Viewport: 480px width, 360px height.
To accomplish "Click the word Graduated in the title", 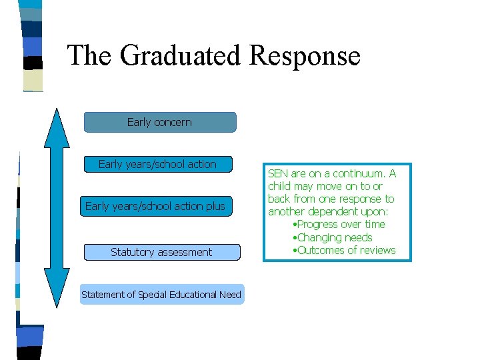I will pos(179,55).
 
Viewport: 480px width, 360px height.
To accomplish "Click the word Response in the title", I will pos(305,55).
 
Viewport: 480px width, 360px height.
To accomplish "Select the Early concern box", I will pos(159,122).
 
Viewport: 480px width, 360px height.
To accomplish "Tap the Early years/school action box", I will pos(157,164).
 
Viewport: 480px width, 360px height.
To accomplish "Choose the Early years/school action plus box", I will pos(155,206).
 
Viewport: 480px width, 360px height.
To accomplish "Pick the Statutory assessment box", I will pos(161,252).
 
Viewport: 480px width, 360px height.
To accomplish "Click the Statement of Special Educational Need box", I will pos(161,294).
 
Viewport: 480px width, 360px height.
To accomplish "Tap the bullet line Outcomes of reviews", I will pos(344,250).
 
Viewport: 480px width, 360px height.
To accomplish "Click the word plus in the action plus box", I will pos(215,206).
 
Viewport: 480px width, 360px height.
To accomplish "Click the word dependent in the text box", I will pos(335,212).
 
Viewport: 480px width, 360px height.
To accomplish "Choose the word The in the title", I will pos(89,55).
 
